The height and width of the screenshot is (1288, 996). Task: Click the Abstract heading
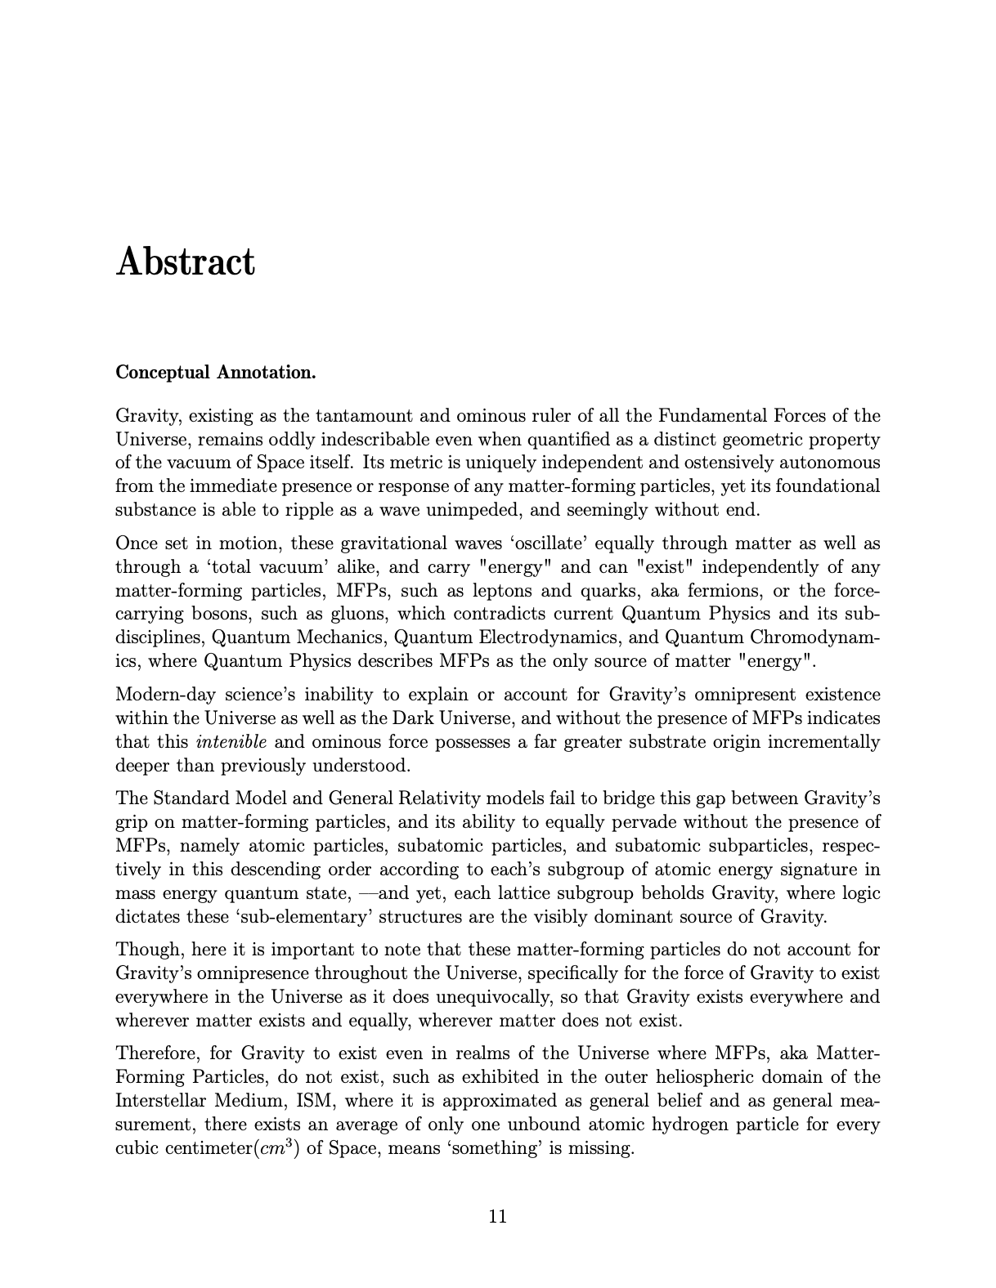pyautogui.click(x=186, y=262)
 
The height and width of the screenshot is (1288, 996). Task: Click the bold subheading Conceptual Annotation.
pyautogui.click(x=215, y=373)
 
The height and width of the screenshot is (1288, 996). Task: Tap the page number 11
pyautogui.click(x=497, y=1216)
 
